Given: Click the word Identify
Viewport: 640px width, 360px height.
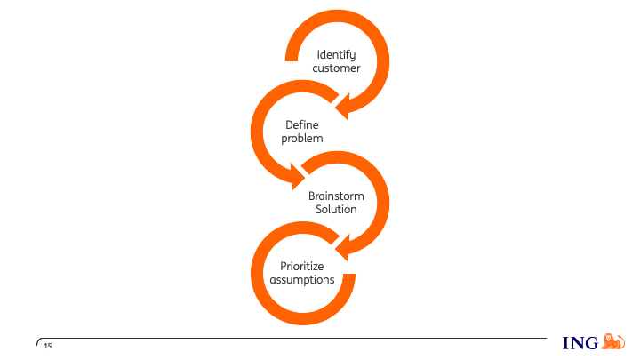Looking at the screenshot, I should click(x=336, y=55).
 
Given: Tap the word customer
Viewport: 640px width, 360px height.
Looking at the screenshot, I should click(x=336, y=68).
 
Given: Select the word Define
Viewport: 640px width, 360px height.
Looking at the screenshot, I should click(x=301, y=125).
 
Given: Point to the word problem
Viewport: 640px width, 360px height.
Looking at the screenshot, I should click(x=301, y=139).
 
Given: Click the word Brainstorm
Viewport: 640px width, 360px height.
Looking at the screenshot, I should click(x=336, y=196).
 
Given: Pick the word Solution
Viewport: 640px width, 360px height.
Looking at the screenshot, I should click(x=336, y=209).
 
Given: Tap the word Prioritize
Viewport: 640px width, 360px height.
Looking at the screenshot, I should click(x=301, y=266).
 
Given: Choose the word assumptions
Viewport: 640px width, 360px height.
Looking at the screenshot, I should click(x=301, y=279).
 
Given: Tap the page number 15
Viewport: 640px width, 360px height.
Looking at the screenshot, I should click(x=48, y=345).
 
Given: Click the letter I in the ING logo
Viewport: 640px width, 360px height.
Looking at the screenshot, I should click(x=566, y=344).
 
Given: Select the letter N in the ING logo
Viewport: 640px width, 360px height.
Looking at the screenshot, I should click(x=578, y=344).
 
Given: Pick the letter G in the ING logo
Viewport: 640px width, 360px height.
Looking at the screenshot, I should click(x=592, y=344).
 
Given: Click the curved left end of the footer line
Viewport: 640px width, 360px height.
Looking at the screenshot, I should click(x=38, y=340).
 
